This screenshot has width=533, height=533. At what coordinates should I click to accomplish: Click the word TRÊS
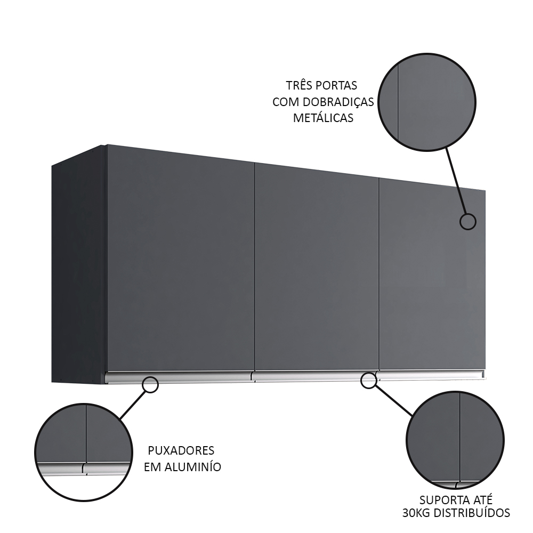(298, 85)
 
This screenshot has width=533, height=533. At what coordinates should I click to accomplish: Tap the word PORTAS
(336, 85)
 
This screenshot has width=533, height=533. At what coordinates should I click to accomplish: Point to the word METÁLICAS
(324, 118)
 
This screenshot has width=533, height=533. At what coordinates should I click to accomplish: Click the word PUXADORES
(181, 450)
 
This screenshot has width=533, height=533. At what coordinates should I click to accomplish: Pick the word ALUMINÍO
(193, 467)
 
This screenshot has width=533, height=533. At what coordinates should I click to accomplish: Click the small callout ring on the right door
(468, 222)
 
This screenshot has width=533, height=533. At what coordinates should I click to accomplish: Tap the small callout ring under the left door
(150, 385)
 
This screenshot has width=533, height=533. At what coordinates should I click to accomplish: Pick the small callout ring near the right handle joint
(368, 381)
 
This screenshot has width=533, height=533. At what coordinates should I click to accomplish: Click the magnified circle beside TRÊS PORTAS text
(427, 102)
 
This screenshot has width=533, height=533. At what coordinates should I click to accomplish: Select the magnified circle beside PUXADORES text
(84, 453)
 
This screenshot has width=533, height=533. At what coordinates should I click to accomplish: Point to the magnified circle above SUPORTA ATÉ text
(455, 440)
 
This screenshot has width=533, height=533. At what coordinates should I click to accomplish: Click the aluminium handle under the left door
(179, 377)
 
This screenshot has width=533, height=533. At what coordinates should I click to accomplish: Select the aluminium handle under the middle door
(315, 376)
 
